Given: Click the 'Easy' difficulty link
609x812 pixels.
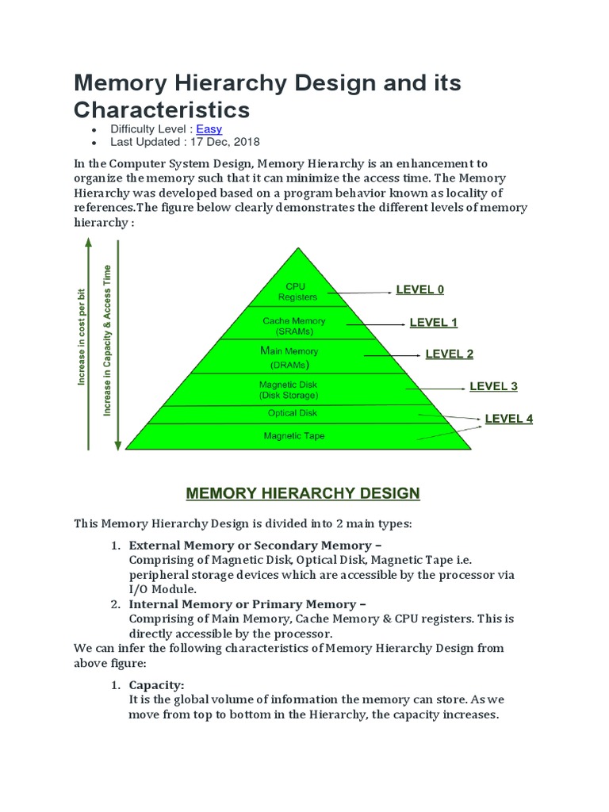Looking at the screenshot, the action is (x=209, y=128).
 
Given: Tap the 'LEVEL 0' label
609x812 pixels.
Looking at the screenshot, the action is (x=419, y=289).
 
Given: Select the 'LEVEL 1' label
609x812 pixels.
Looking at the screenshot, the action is (x=433, y=322).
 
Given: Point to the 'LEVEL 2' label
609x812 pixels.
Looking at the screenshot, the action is (x=449, y=354).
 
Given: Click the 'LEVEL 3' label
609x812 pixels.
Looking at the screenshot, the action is (x=493, y=386).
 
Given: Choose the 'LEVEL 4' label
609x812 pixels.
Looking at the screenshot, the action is (x=508, y=418).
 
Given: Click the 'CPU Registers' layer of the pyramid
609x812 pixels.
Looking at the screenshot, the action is (x=297, y=292).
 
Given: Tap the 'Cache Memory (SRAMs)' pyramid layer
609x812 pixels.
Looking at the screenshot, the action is (x=293, y=326).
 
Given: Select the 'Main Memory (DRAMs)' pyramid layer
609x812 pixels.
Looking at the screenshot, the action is (x=289, y=358).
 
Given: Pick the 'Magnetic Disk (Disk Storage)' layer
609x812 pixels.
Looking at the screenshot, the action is (x=289, y=389).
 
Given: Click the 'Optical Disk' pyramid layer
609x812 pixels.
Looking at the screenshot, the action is (x=293, y=413).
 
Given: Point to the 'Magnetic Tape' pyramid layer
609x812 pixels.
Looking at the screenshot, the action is (x=293, y=436).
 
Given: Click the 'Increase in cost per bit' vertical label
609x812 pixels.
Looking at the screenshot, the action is (x=81, y=337).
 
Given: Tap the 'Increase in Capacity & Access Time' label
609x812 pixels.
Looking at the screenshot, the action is (x=107, y=341).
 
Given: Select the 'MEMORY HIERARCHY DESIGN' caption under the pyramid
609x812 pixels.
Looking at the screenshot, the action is (x=302, y=493).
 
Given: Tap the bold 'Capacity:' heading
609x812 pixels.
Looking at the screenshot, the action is (x=156, y=684).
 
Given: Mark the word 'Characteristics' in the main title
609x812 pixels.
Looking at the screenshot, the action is (x=162, y=109).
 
